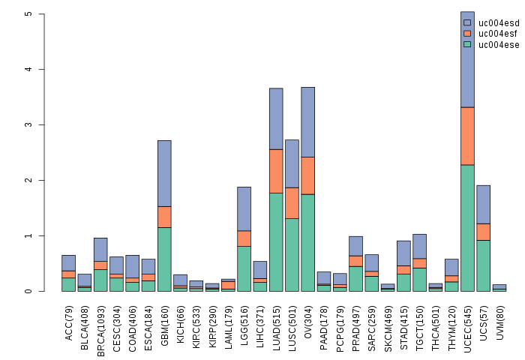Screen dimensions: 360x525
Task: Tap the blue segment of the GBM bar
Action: pyautogui.click(x=164, y=173)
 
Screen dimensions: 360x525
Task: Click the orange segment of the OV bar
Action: pyautogui.click(x=307, y=175)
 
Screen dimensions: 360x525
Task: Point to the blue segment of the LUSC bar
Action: pyautogui.click(x=292, y=163)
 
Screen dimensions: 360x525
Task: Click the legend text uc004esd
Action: pyautogui.click(x=499, y=23)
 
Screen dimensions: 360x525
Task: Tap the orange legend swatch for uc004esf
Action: pyautogui.click(x=468, y=34)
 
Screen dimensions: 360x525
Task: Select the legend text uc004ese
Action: pyautogui.click(x=499, y=45)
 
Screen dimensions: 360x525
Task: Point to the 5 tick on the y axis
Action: pyautogui.click(x=43, y=14)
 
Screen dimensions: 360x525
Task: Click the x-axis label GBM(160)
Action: pyautogui.click(x=165, y=321)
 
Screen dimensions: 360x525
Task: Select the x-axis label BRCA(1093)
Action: pyautogui.click(x=101, y=324)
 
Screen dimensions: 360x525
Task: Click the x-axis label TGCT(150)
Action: pyautogui.click(x=420, y=322)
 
